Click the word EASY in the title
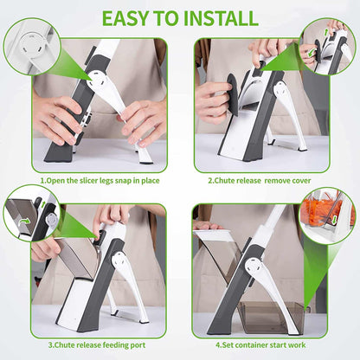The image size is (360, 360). click(125, 17)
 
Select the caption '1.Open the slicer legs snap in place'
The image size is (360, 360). click(99, 182)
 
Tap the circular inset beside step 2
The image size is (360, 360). click(326, 48)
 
